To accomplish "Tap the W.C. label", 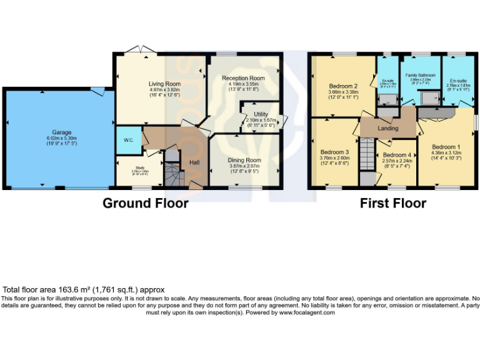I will point(128,140).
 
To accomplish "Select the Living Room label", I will point(164,83).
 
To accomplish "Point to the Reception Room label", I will point(243,78).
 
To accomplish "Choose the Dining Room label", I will point(244,160).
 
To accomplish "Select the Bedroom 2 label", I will point(343,86).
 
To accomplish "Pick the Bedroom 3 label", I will point(334,152).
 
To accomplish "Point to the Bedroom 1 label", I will point(446,147).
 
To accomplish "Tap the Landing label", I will point(388,128).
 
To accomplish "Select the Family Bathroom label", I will point(420,75).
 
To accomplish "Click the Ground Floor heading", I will point(145,203).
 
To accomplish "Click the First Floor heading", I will point(392,203).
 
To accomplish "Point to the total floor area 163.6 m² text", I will point(84,290).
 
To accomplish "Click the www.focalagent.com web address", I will point(307,312).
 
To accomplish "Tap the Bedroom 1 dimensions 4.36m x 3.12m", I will point(446,153).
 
